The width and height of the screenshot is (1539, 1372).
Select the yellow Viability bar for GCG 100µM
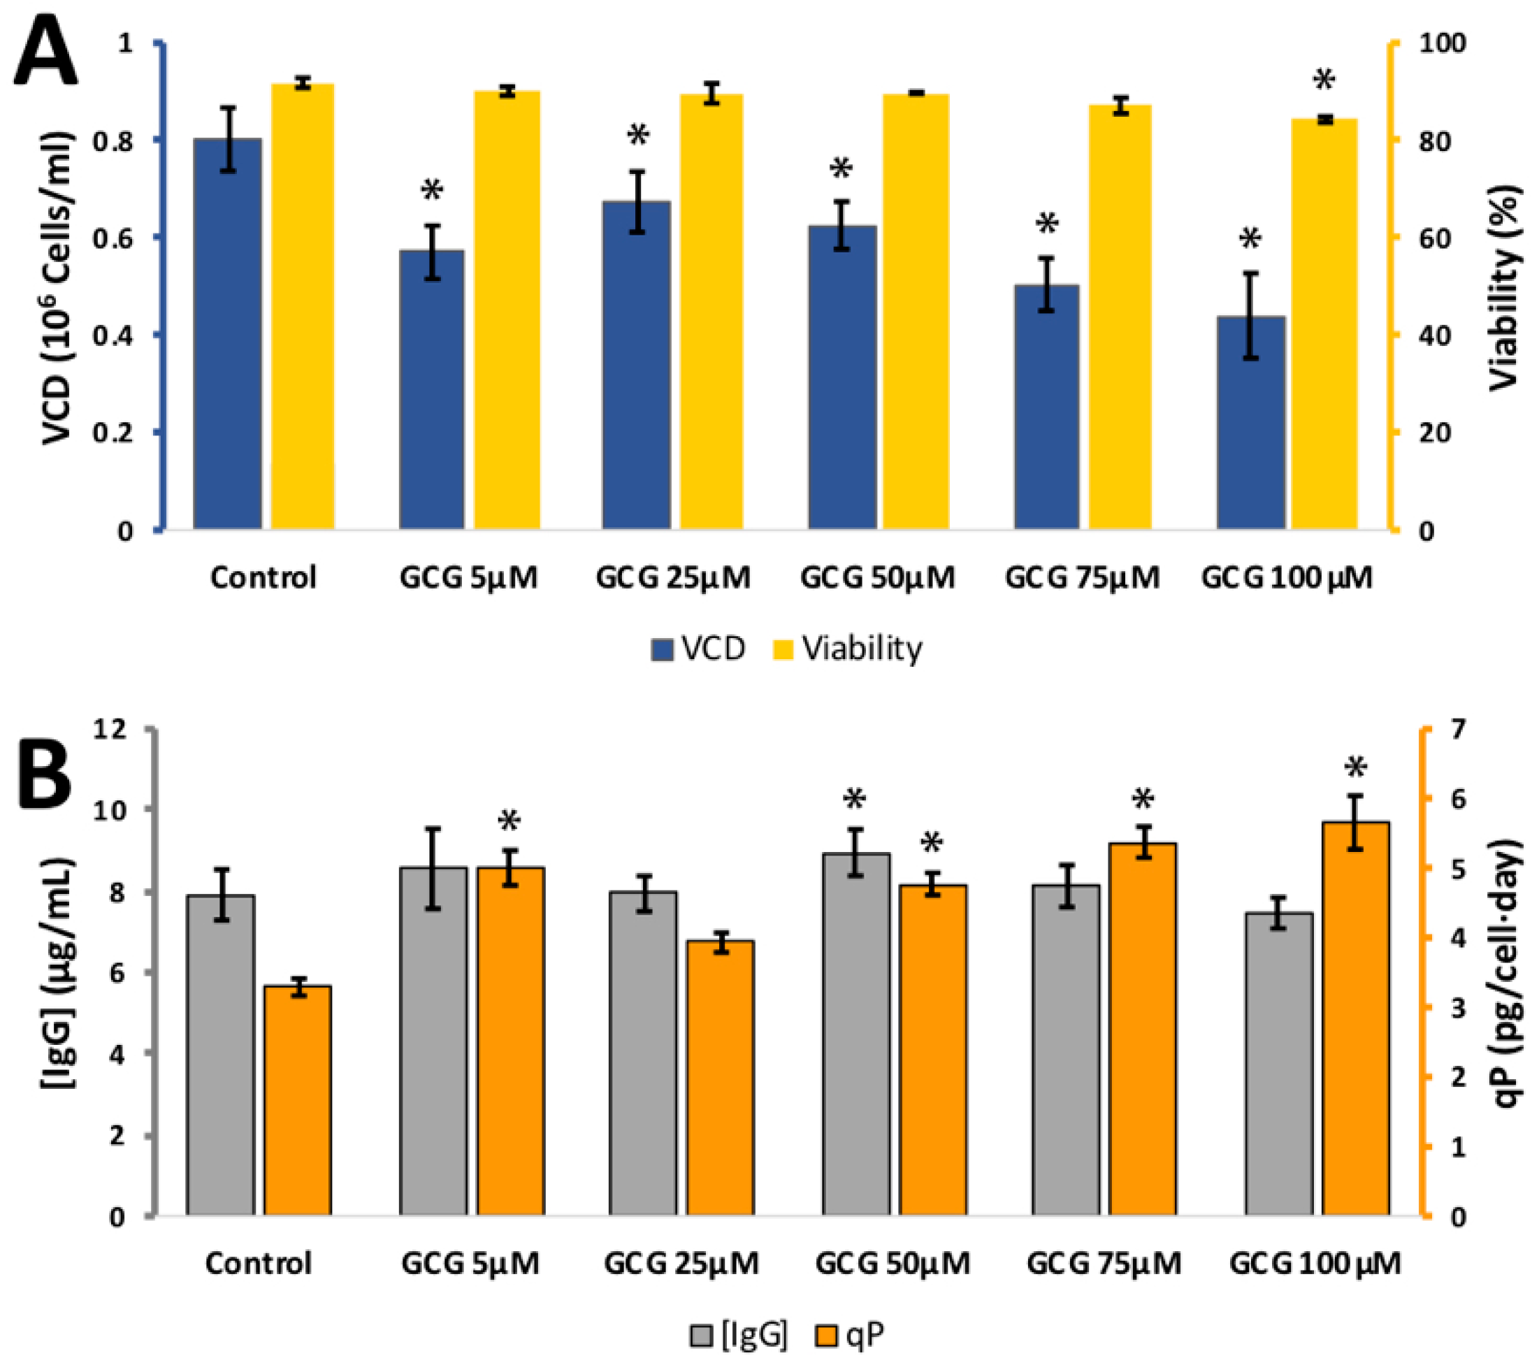[x=1324, y=324]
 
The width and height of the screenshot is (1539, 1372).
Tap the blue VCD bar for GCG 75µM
[x=1046, y=407]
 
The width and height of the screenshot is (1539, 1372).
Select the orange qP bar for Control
[x=298, y=1101]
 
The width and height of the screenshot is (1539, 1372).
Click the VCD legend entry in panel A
[x=698, y=649]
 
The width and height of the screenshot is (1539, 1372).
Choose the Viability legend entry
[x=848, y=649]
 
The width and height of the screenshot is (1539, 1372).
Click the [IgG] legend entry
[x=739, y=1334]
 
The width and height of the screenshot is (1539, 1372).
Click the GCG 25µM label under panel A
[x=673, y=578]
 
